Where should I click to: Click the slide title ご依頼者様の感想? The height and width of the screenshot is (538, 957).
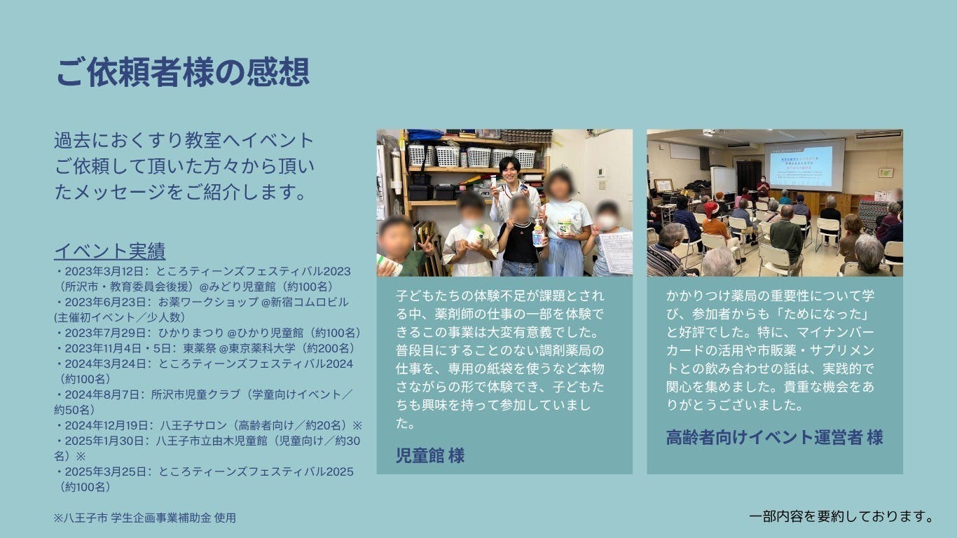tap(182, 71)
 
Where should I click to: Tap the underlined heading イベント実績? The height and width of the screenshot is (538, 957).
tap(110, 251)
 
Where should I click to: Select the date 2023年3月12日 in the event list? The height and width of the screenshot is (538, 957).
tap(104, 271)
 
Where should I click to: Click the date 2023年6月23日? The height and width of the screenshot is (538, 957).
tap(105, 302)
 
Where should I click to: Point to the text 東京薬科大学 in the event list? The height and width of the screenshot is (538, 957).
tap(262, 348)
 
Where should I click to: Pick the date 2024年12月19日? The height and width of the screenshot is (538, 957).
tap(106, 425)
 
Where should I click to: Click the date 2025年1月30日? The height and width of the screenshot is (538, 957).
tap(104, 441)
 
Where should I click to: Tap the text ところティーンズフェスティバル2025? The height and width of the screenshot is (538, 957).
tap(256, 471)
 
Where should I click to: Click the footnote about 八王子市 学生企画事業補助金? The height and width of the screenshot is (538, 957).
tap(145, 518)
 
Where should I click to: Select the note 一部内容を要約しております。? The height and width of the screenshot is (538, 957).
tap(841, 516)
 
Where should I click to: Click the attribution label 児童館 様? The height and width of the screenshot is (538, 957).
tap(429, 455)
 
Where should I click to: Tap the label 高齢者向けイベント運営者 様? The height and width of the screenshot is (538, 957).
tap(775, 437)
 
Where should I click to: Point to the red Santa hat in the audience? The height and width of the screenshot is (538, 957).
tap(711, 210)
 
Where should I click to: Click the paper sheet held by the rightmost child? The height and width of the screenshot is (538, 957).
tap(616, 251)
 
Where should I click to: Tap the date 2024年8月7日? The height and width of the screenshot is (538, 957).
tap(102, 394)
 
